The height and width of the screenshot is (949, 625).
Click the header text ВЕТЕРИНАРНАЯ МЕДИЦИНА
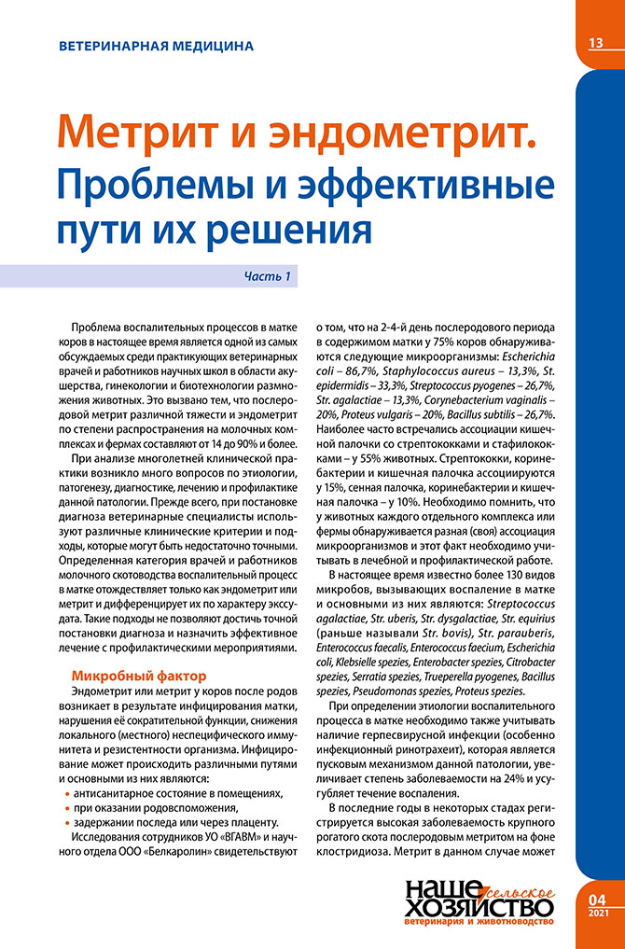tap(155, 45)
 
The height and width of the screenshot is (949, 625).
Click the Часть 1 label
tap(269, 276)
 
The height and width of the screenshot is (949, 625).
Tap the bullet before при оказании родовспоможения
tap(68, 808)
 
